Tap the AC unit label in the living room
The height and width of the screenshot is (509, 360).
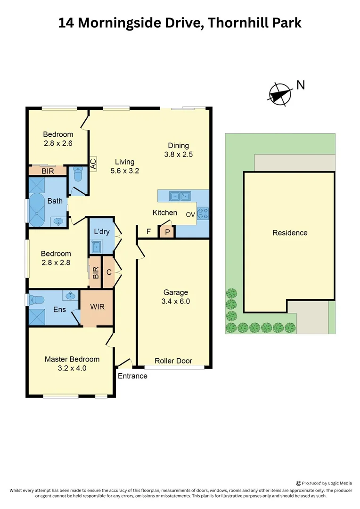point(93,164)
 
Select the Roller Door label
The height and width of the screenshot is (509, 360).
point(173,361)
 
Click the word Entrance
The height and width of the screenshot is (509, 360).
point(132,376)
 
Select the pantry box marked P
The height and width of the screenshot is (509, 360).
point(167,232)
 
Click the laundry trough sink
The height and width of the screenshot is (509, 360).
point(97,246)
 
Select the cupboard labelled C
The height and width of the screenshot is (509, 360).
point(109,272)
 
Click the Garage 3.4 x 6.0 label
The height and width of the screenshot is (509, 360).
point(176,297)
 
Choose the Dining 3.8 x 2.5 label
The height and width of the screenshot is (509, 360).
point(178,149)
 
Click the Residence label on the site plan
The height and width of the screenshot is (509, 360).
point(289,233)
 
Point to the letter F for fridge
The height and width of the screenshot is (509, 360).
point(149,231)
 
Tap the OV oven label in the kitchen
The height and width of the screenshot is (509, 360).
point(190,214)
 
